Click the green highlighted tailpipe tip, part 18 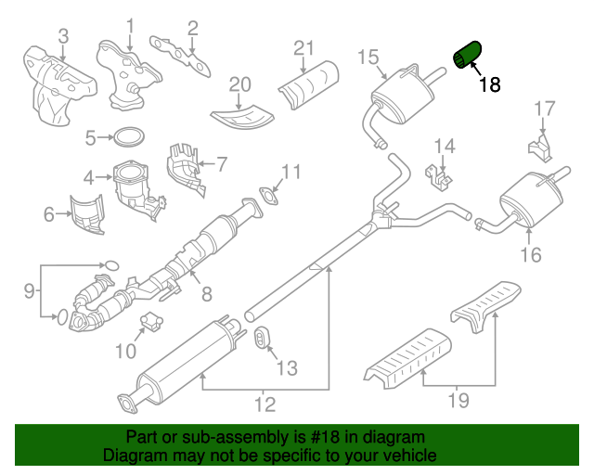[466, 54]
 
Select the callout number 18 [489, 84]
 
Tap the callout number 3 [62, 36]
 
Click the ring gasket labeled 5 [128, 138]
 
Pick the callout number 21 [304, 47]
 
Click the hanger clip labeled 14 [438, 173]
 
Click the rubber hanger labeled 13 [262, 340]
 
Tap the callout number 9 [29, 290]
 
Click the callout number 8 [206, 294]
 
